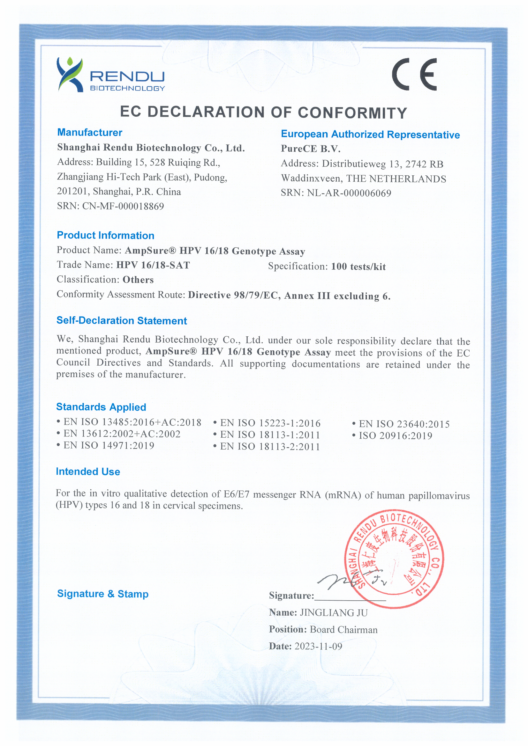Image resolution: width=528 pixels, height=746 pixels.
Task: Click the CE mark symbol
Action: (414, 74)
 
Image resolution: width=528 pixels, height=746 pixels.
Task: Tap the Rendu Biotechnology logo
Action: (110, 75)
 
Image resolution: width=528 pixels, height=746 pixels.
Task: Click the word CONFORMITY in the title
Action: (352, 113)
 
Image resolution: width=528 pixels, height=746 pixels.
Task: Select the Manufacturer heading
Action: (89, 132)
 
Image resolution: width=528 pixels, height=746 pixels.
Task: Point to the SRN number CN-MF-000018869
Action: (123, 206)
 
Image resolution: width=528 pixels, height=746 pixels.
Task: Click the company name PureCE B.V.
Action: (310, 149)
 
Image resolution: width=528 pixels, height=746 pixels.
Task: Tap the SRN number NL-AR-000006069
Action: (349, 193)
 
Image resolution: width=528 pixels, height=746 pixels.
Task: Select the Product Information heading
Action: (105, 235)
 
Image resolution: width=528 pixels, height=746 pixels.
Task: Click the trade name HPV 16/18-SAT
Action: (153, 265)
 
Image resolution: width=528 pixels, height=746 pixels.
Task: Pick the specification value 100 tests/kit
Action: (358, 267)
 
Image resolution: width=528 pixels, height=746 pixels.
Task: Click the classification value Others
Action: (138, 280)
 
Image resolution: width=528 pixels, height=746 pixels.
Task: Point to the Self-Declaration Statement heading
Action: (121, 320)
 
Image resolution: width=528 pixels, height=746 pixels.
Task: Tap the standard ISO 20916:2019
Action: (395, 436)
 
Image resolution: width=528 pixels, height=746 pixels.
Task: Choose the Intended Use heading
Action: (88, 472)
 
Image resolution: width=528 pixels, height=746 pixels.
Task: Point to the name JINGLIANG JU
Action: (334, 613)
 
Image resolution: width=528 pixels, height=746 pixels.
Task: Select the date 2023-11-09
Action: (318, 646)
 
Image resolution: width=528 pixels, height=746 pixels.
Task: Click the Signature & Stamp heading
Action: (102, 594)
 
